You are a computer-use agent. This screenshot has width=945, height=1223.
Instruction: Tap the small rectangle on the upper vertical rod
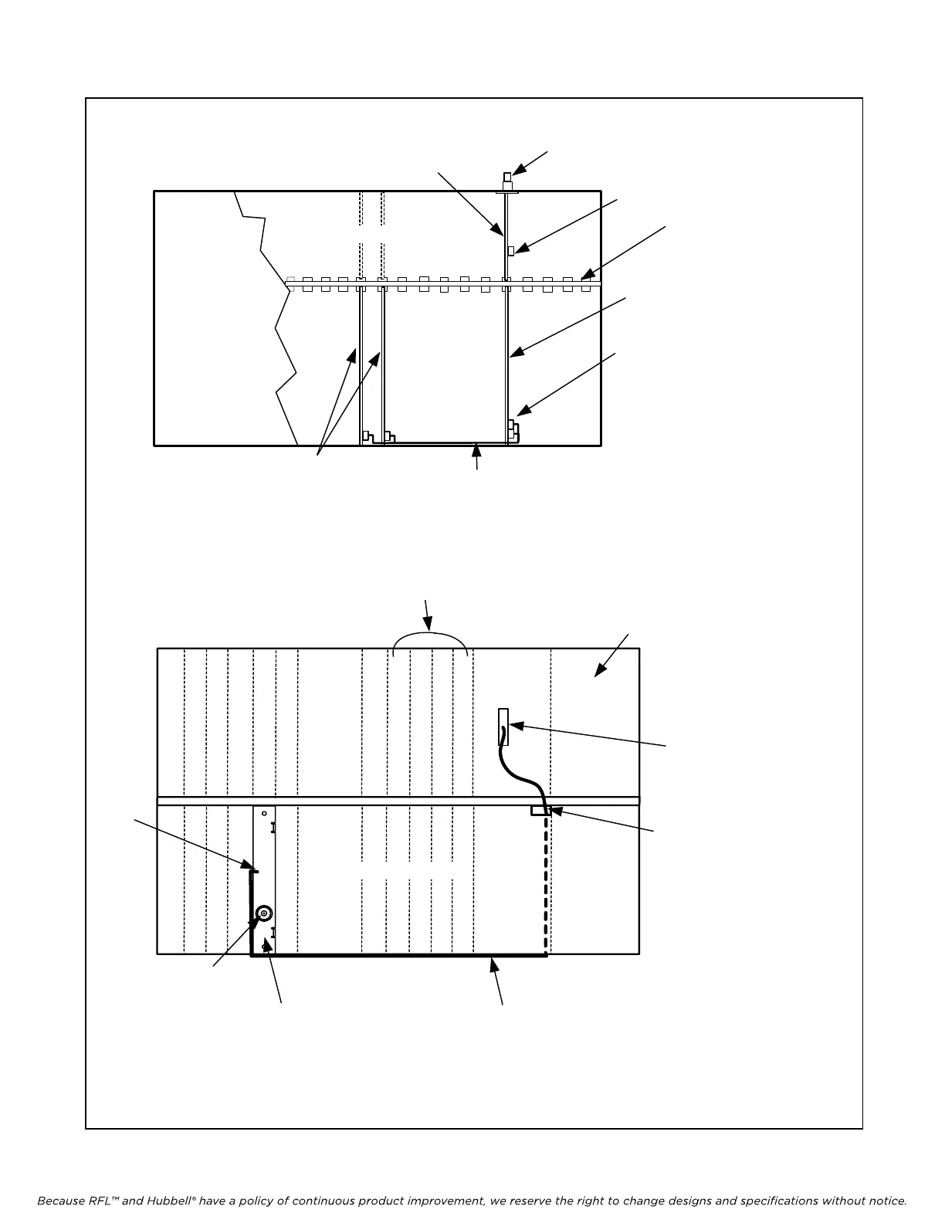(x=511, y=250)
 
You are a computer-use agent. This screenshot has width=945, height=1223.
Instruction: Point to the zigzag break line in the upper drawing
(x=278, y=324)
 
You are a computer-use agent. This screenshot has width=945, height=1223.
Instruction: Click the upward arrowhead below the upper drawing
(x=478, y=448)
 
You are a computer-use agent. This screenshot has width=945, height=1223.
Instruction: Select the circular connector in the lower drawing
(x=263, y=913)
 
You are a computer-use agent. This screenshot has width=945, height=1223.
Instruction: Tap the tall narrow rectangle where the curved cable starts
(x=503, y=726)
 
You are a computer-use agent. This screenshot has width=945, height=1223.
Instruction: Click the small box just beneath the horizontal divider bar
(x=539, y=811)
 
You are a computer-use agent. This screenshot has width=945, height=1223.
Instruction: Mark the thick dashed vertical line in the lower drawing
(x=546, y=880)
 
